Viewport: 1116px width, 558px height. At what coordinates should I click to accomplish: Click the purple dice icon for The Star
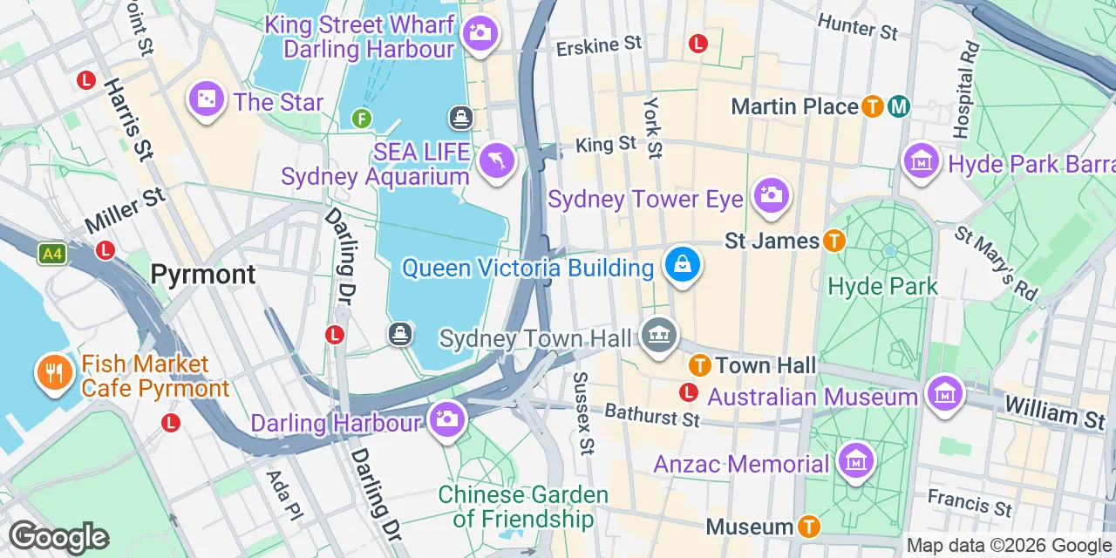click(x=207, y=100)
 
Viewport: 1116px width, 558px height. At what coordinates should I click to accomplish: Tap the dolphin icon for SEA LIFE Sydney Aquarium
click(x=497, y=160)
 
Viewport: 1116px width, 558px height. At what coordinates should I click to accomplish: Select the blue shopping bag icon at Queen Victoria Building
click(x=683, y=264)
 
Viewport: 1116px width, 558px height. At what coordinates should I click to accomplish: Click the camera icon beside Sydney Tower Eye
click(x=771, y=195)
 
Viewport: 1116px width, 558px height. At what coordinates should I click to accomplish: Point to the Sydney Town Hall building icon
click(x=658, y=336)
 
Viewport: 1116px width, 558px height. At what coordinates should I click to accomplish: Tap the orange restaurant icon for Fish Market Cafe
click(x=54, y=373)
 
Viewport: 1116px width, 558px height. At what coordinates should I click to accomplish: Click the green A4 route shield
click(x=52, y=254)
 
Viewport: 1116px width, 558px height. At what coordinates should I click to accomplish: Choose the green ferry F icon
click(x=362, y=118)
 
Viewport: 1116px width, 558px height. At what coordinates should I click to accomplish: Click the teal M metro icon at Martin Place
click(x=899, y=107)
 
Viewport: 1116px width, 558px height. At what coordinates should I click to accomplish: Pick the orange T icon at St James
click(x=834, y=241)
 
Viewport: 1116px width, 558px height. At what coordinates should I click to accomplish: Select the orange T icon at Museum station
click(x=809, y=527)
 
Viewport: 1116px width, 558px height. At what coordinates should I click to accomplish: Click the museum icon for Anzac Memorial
click(x=855, y=460)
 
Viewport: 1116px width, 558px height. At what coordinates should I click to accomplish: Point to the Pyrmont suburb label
click(x=203, y=275)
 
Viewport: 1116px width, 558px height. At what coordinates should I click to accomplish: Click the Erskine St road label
click(x=599, y=44)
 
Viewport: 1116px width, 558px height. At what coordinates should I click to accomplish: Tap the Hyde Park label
click(x=882, y=286)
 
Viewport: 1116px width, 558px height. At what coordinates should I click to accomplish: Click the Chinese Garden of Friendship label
click(x=523, y=507)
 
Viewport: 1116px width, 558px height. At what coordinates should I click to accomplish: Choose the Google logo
click(x=58, y=537)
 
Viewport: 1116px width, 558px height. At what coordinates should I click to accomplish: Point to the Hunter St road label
click(x=858, y=27)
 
